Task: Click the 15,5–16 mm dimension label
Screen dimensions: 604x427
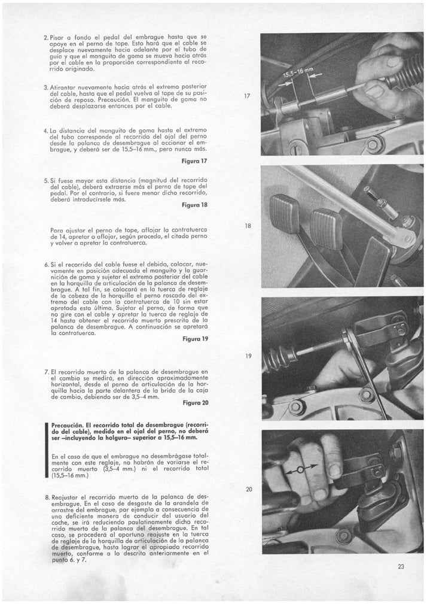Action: click(298, 73)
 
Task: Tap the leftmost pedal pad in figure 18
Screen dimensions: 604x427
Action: click(285, 214)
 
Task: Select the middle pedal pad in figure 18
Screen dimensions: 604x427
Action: click(327, 228)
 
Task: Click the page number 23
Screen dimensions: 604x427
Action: click(401, 566)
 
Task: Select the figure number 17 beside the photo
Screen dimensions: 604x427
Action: click(248, 96)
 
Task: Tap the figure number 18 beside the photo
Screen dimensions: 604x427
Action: click(248, 226)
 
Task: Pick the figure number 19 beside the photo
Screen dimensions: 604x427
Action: click(248, 356)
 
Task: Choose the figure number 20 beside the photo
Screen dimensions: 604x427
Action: click(249, 489)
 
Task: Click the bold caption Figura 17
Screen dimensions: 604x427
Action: click(194, 161)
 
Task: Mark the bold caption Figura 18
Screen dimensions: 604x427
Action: click(194, 205)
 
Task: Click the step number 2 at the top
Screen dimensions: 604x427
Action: click(45, 38)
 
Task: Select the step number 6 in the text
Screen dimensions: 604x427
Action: click(45, 264)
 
